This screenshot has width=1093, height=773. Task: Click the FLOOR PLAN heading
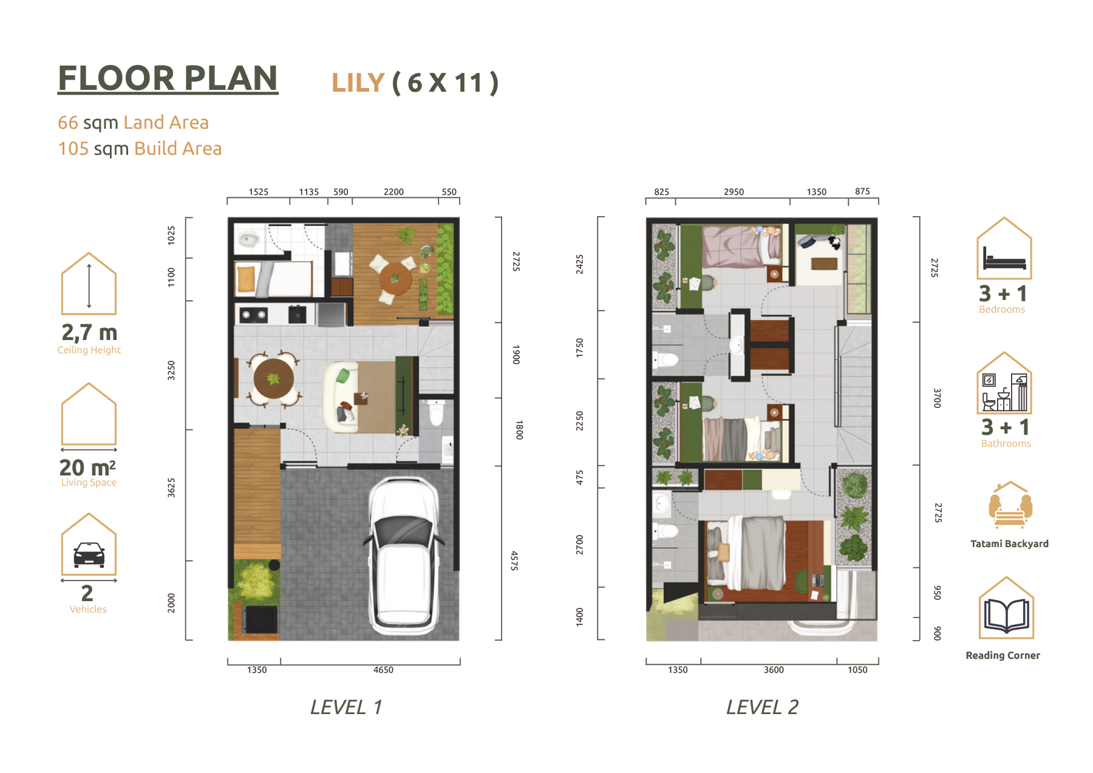coord(168,78)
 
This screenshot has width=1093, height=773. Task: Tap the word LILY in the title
coord(358,83)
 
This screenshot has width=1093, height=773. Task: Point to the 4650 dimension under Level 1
coord(383,670)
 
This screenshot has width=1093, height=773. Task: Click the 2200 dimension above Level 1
coord(393,192)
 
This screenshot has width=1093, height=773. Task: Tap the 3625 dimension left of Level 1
coord(171,488)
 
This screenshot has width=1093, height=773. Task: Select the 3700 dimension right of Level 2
coord(938,398)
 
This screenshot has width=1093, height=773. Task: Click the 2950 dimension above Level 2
coord(734,192)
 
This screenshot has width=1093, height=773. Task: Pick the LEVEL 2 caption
coord(762,707)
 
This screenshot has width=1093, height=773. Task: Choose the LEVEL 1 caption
coord(346,707)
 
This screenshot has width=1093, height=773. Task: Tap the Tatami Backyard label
coord(1009,544)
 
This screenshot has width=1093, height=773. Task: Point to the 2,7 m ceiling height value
coord(89,333)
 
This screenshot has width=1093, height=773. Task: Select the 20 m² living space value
coord(87,468)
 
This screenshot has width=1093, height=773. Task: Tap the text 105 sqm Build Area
coord(140,149)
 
